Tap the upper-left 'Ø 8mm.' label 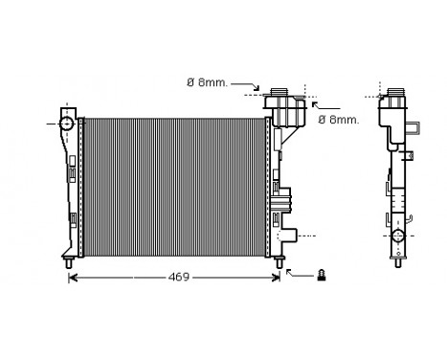pos(206,82)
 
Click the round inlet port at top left pos(66,124)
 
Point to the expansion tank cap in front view pos(279,92)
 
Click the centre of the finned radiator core pos(174,187)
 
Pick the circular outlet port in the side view pos(397,236)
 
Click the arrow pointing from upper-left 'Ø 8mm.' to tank pos(247,87)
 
